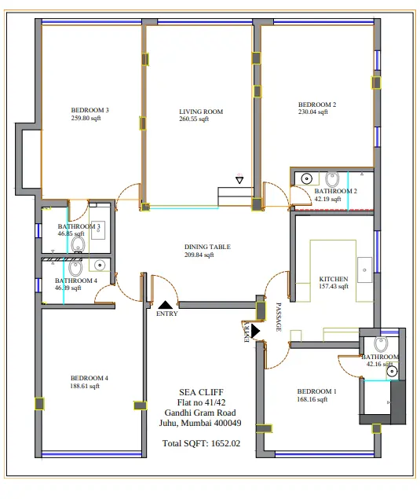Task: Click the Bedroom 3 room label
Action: (89, 110)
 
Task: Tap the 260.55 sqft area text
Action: (194, 119)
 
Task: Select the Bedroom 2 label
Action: (317, 105)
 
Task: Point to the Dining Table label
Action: (207, 247)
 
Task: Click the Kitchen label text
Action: (334, 279)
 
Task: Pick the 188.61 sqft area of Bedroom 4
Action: (85, 386)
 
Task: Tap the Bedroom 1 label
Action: (316, 391)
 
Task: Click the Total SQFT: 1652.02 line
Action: (201, 443)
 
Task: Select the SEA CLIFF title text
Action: (201, 392)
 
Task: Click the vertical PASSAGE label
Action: (279, 317)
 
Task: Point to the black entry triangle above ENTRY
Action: (166, 305)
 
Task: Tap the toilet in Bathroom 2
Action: (332, 179)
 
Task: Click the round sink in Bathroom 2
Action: (306, 179)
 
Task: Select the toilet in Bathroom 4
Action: (75, 268)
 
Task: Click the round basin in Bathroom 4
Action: (100, 265)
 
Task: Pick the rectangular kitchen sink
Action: (365, 270)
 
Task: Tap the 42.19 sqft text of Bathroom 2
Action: (327, 200)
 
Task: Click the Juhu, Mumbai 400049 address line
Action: (200, 423)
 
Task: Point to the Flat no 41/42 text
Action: (201, 402)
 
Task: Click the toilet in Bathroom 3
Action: (78, 245)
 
